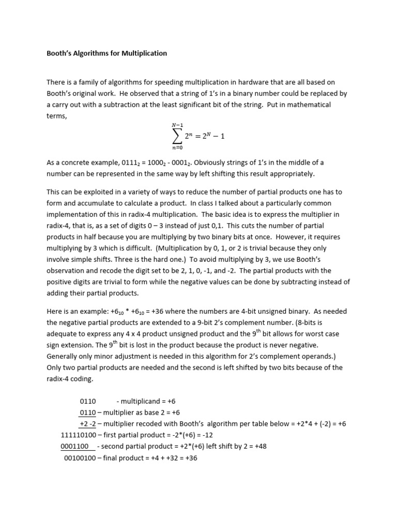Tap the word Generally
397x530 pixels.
click(64, 357)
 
